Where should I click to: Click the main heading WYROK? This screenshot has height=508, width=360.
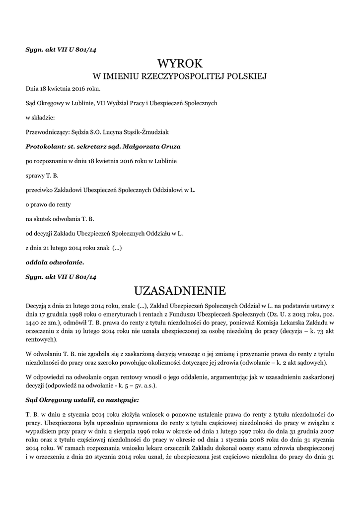(180, 63)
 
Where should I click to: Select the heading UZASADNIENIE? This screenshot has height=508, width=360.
(180, 290)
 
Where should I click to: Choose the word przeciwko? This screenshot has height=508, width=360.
(40, 190)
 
